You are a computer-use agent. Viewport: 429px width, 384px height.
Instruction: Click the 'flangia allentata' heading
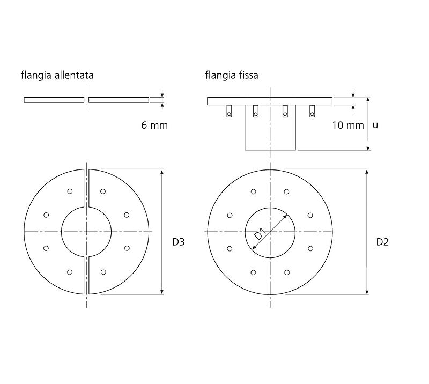click(x=57, y=75)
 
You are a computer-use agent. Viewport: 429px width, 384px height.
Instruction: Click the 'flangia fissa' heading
click(x=232, y=75)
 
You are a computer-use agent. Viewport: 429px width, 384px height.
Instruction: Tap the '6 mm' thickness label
click(x=154, y=125)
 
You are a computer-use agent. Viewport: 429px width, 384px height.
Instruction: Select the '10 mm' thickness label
click(x=348, y=125)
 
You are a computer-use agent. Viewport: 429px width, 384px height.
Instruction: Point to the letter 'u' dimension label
click(x=375, y=125)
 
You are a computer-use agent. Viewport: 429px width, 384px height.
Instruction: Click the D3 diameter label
click(x=179, y=242)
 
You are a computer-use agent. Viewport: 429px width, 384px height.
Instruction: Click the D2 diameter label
click(x=382, y=242)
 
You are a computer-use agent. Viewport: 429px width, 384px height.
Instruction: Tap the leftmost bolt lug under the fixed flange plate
click(x=230, y=111)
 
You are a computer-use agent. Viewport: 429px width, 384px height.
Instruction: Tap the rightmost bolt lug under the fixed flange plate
click(x=312, y=111)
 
